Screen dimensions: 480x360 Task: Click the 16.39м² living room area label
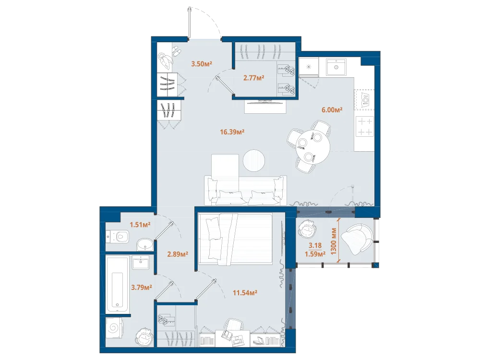tap(232, 132)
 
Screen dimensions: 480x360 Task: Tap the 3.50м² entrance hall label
tap(202, 64)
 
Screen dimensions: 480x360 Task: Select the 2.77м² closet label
tap(254, 78)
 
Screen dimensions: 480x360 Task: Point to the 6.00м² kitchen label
tap(332, 109)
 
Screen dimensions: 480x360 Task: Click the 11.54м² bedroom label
tap(245, 293)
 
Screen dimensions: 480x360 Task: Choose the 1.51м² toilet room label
tap(140, 225)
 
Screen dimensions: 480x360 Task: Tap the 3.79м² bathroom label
tap(142, 288)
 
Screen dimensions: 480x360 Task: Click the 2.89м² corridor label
tap(178, 254)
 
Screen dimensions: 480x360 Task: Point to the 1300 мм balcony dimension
tap(334, 241)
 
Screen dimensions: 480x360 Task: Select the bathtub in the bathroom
tap(117, 284)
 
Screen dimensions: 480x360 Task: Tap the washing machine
tap(114, 328)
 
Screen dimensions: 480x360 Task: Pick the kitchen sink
tap(336, 66)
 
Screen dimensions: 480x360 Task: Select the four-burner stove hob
tap(365, 127)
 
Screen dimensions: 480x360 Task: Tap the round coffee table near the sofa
tap(254, 160)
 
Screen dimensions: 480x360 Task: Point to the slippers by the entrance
tap(176, 51)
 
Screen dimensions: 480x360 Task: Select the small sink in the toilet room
tap(145, 245)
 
